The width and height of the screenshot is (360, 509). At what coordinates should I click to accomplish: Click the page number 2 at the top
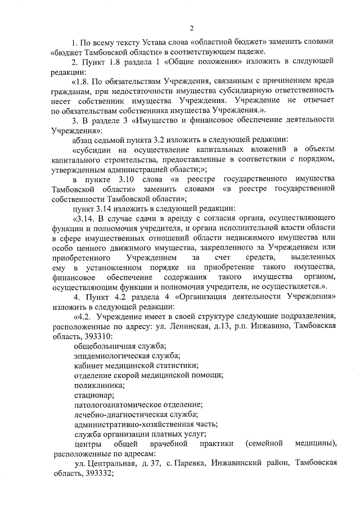click(x=191, y=28)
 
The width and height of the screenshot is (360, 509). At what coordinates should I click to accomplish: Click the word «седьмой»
click(x=113, y=139)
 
